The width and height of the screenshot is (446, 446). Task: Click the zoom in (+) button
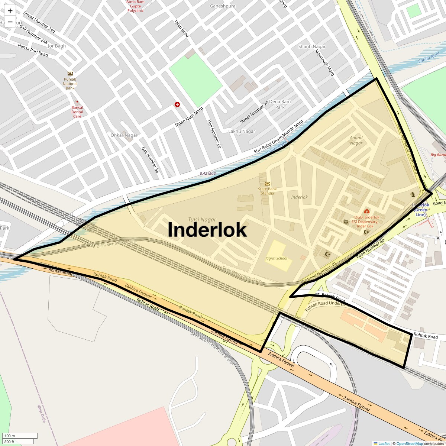tap(10, 11)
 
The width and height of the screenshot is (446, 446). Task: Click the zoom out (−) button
tap(10, 22)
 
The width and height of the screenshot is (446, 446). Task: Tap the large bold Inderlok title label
tap(207, 229)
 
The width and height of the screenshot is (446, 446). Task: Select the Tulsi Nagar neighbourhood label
tap(202, 220)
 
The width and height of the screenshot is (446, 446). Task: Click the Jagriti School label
tap(276, 258)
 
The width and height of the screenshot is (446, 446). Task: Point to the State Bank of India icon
tap(268, 184)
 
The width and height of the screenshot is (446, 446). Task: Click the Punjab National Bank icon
tap(70, 73)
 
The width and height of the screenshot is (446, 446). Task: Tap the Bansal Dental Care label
tap(77, 111)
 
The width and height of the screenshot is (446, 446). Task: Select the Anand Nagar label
tap(356, 140)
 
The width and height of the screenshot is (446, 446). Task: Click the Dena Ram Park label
tap(280, 104)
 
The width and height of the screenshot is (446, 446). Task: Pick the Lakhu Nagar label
tap(242, 131)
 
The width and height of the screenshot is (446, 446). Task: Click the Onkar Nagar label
tap(124, 135)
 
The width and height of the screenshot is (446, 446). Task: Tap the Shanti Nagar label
tap(312, 46)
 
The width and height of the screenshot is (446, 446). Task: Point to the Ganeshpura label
tap(223, 6)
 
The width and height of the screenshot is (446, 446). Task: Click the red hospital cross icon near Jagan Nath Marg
tap(177, 104)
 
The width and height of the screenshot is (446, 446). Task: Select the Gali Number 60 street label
tap(214, 135)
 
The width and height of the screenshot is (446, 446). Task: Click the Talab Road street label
tap(182, 28)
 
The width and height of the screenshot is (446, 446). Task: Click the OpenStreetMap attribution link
tap(409, 443)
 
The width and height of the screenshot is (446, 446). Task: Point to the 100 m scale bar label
tap(10, 436)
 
